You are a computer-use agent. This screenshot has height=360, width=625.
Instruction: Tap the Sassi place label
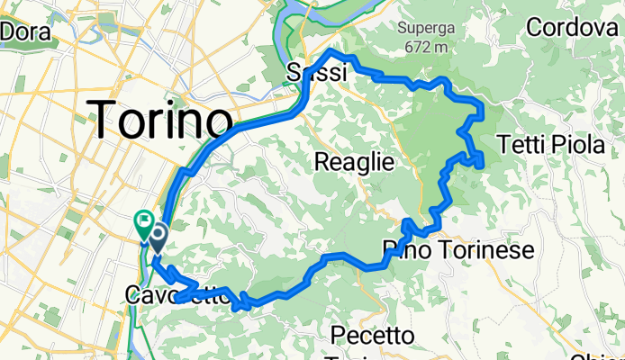(x=316, y=74)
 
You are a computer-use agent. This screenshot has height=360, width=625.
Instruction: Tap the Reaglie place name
(x=354, y=162)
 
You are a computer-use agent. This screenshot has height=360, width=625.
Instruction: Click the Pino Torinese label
(x=458, y=248)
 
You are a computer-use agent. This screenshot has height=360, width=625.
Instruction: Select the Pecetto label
(x=373, y=336)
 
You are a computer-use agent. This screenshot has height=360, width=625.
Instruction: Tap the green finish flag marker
(x=142, y=220)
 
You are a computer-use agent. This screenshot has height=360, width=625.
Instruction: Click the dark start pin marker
(x=158, y=238)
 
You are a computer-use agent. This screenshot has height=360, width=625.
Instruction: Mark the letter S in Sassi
(x=294, y=74)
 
